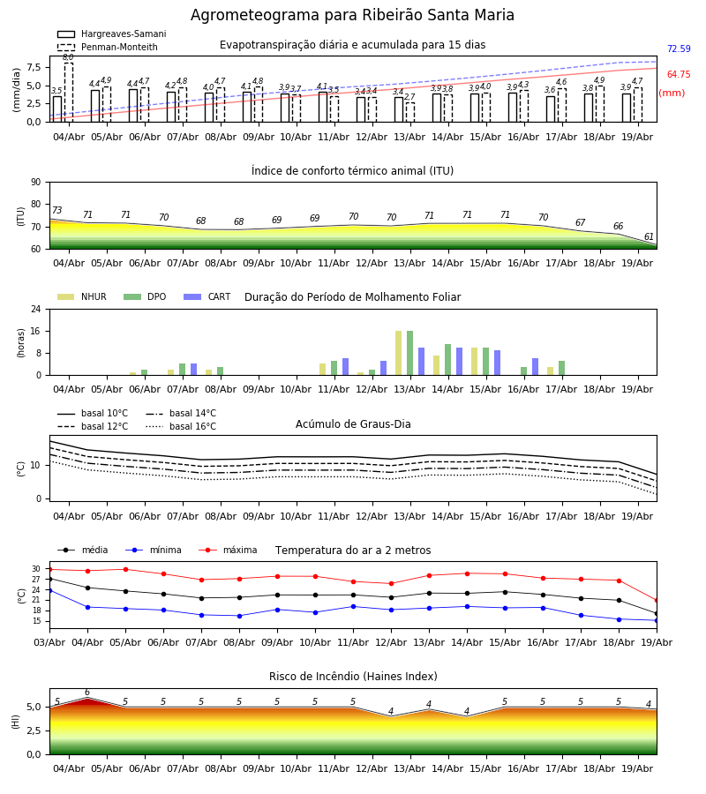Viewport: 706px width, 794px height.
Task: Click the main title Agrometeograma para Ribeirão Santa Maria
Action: tap(352, 15)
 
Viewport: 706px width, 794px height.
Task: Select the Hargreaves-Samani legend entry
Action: tap(112, 34)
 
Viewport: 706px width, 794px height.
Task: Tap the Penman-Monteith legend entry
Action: tap(108, 47)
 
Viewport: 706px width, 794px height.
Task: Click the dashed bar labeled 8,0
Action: tap(68, 93)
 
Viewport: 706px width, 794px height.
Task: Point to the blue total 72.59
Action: tap(679, 49)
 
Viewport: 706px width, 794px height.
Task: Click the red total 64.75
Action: tap(679, 74)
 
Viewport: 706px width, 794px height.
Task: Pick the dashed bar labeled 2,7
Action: tap(410, 112)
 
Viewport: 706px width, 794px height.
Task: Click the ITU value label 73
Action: tap(56, 210)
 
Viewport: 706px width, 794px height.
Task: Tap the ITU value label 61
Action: tap(649, 236)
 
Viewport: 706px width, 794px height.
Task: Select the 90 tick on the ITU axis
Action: tap(36, 183)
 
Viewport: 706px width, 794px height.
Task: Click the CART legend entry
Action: tap(207, 296)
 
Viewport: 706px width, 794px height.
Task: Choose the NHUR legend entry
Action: tap(82, 296)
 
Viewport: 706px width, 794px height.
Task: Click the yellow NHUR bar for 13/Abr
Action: tap(399, 353)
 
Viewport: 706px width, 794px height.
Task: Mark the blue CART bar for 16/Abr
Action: tap(535, 367)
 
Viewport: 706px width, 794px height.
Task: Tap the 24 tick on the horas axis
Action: tap(36, 309)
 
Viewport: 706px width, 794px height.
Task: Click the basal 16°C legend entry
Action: tap(181, 426)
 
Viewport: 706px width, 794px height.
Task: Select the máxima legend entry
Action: tap(228, 550)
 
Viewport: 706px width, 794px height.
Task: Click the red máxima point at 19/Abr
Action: tap(657, 601)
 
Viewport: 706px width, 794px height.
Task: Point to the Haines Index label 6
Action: tap(87, 693)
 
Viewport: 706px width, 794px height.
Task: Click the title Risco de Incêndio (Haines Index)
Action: tap(353, 677)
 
